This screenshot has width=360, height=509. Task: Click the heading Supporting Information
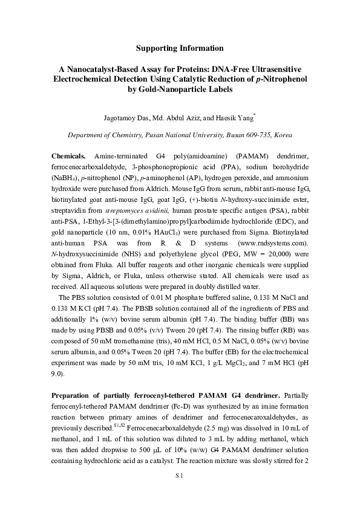180,48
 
